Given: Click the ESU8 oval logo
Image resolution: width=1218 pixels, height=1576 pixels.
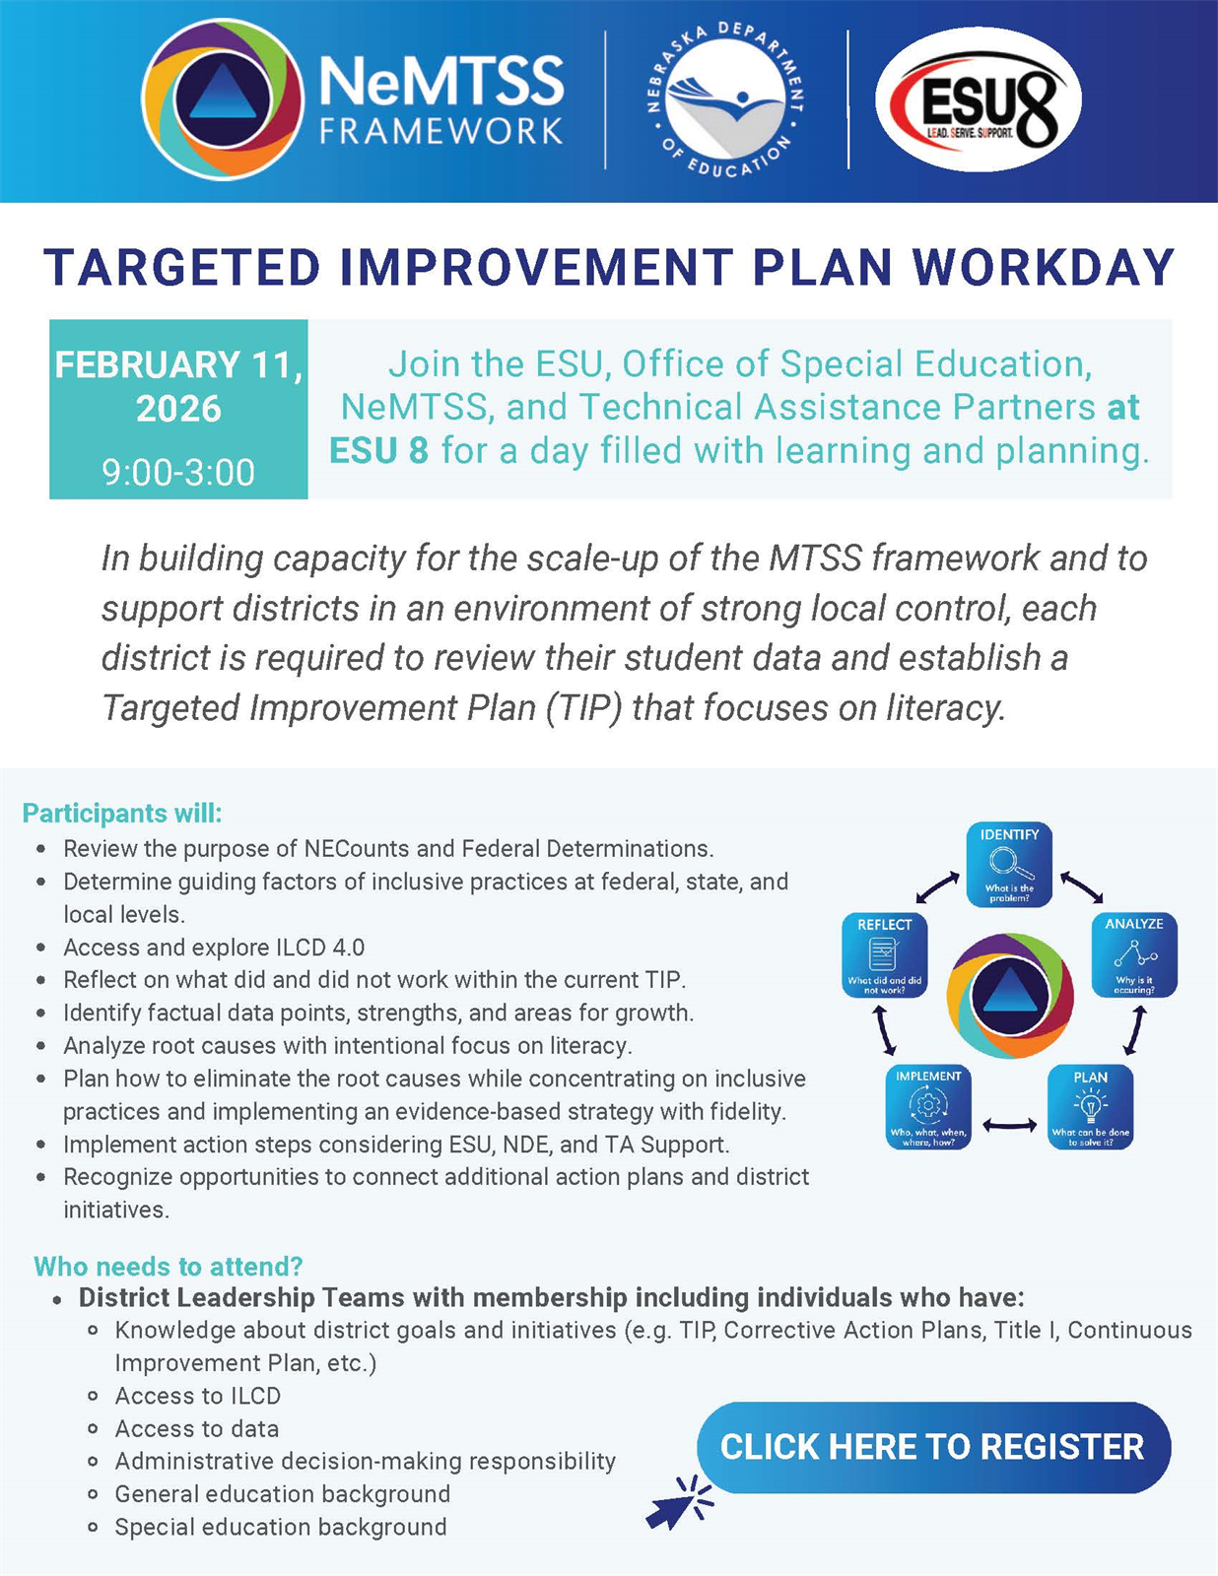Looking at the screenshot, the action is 978,99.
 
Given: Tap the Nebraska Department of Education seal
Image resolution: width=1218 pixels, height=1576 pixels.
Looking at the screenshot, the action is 726,99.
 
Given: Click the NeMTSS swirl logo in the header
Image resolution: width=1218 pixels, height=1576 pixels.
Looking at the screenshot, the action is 222,99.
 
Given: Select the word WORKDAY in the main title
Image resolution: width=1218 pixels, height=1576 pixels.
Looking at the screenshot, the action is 1044,268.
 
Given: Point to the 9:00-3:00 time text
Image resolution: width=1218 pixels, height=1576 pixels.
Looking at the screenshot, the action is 178,472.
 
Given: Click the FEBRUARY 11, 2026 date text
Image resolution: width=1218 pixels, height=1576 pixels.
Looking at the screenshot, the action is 178,386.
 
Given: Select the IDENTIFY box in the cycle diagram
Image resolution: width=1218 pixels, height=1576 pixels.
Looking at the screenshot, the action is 1009,864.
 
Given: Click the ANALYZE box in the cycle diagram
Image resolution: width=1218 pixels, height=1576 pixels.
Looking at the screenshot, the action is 1134,954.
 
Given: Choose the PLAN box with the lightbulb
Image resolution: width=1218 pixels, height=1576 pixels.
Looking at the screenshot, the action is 1090,1107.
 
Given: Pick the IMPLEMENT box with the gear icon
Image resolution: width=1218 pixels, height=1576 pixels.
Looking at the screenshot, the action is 928,1107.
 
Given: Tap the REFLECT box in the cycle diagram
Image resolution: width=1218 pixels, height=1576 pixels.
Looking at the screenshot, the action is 884,955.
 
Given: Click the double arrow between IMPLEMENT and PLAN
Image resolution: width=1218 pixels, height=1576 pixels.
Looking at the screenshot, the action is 1009,1125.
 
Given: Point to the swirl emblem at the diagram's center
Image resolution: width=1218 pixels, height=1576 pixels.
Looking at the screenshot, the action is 1010,995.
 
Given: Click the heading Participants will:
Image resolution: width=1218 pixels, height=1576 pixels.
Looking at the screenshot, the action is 122,813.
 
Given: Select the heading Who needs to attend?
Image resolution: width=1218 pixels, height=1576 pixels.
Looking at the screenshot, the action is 169,1267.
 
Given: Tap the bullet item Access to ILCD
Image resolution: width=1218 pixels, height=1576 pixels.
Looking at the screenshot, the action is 197,1396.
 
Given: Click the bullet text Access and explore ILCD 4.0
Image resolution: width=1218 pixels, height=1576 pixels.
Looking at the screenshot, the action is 214,948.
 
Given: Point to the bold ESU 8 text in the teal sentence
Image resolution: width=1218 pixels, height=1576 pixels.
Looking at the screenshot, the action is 378,450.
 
